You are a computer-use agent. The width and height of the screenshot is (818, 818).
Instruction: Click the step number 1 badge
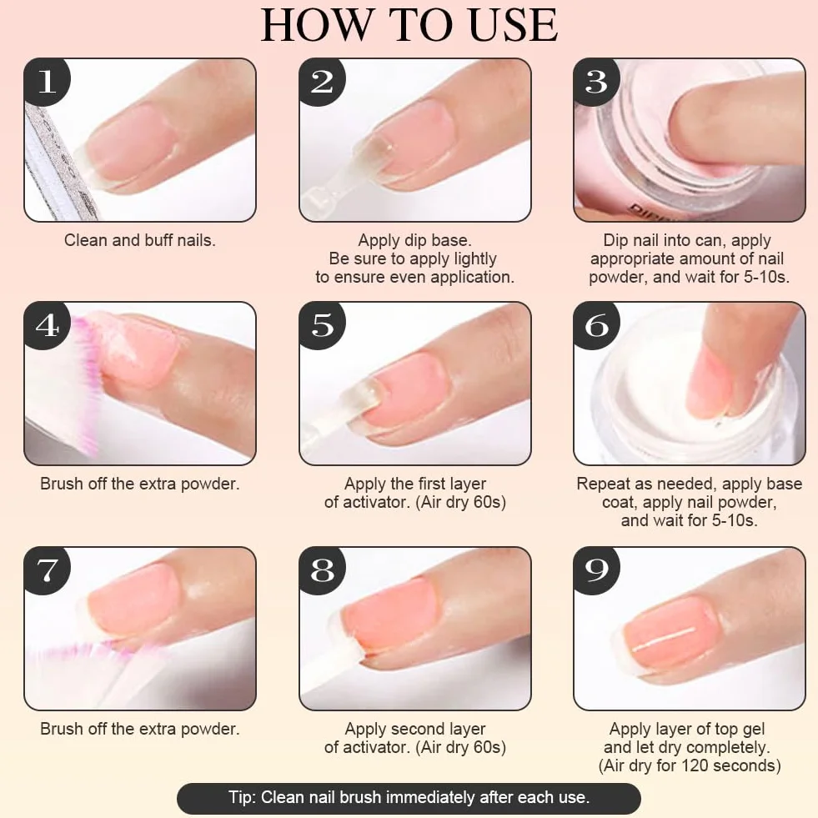tap(46, 82)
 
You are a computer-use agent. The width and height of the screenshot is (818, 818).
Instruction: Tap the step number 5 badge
tap(321, 325)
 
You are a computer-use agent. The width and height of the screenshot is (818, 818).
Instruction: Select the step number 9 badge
tap(595, 570)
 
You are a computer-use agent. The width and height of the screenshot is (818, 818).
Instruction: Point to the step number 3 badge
tap(595, 82)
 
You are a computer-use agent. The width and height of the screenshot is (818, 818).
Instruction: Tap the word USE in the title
tap(513, 25)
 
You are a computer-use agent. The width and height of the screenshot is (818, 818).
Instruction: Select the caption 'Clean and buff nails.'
tap(140, 240)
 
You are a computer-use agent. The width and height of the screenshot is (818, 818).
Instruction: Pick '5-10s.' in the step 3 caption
tap(766, 277)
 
